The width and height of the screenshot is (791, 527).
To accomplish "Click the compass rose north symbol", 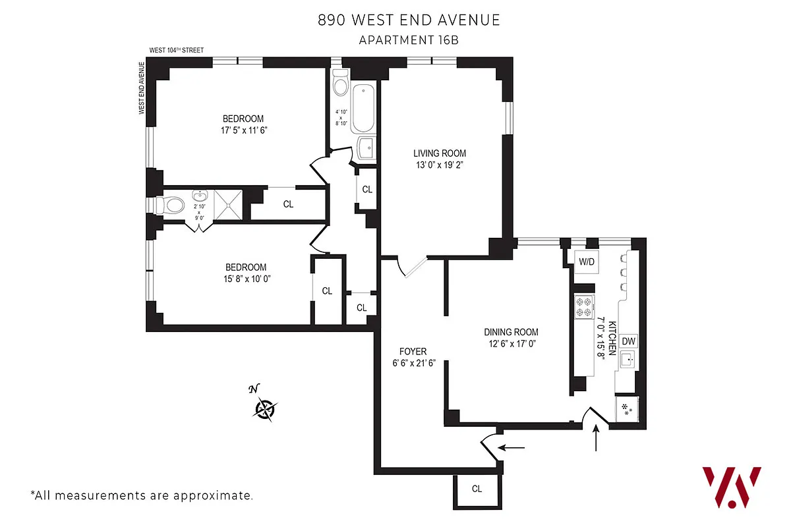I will (265, 409).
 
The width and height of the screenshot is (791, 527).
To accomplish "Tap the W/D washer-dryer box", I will (587, 262).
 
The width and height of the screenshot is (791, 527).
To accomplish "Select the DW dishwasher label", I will (629, 341).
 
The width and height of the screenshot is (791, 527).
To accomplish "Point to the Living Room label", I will (440, 153).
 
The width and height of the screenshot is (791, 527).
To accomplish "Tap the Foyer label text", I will (413, 351).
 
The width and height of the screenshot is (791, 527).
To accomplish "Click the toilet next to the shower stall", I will (172, 205).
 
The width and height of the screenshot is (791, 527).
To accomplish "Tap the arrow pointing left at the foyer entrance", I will (512, 448).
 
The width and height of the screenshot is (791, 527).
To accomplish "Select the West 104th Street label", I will (176, 50).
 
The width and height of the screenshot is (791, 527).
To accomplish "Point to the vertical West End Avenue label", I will (141, 88).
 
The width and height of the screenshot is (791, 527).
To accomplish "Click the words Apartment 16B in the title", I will (408, 40).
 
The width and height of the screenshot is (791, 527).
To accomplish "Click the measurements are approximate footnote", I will (142, 495).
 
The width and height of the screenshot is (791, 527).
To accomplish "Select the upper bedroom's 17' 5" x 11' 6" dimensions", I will (243, 130).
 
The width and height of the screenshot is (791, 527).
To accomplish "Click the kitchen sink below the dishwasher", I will (628, 360).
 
